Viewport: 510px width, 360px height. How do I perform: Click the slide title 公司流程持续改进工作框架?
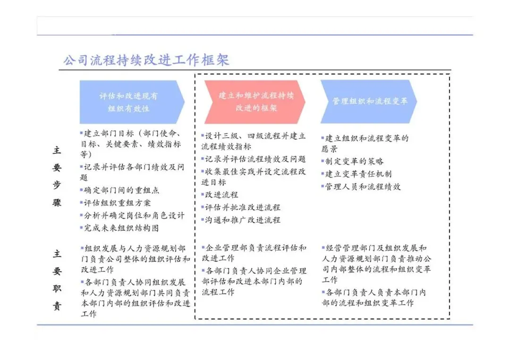146,60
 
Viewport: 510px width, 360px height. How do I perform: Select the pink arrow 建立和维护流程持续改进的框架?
255,101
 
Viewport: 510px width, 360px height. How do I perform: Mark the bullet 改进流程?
221,194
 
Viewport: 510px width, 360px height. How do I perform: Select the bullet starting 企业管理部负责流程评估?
254,253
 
